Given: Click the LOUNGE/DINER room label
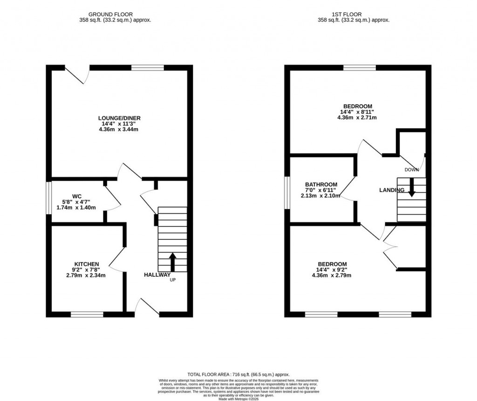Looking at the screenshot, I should [119, 118].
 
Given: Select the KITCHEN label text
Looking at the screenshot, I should [86, 264].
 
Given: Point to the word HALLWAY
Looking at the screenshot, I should [157, 275].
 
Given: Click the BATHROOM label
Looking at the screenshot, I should [321, 184].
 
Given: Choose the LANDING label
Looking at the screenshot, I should [391, 190].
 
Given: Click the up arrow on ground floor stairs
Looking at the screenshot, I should [172, 262].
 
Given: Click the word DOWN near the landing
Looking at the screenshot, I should [411, 170].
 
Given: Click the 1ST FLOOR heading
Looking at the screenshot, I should [353, 14].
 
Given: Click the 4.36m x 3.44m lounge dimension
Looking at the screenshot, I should [119, 129].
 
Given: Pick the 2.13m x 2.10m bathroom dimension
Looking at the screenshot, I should [321, 196].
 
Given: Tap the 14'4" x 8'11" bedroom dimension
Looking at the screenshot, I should [357, 112].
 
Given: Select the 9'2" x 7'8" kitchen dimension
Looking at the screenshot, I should [86, 270].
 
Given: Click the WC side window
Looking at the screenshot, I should [48, 198].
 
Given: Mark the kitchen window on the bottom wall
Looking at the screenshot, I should [87, 315].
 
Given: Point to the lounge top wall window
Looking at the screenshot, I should [148, 68].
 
